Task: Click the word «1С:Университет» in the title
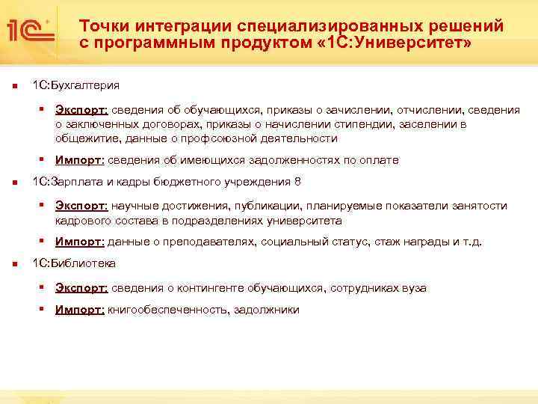(x=395, y=43)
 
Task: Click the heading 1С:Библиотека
(x=73, y=264)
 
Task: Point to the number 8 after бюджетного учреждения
(x=297, y=182)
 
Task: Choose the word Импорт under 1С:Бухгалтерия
(x=80, y=160)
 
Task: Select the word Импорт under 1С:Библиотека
(x=80, y=310)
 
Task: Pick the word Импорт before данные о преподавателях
(x=80, y=242)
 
